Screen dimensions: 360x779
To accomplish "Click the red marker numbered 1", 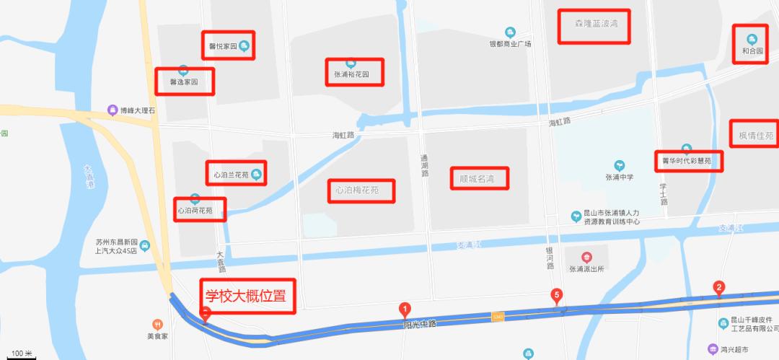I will [x=405, y=309].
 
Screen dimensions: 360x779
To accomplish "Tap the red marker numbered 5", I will [x=556, y=294].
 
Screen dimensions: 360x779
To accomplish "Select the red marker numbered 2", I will [x=718, y=287].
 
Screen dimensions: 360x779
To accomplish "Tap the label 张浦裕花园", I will [x=351, y=74].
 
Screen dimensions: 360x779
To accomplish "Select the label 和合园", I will [x=752, y=51].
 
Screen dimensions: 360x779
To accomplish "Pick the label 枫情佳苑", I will [x=756, y=136].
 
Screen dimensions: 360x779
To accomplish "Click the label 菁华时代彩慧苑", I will [x=687, y=161].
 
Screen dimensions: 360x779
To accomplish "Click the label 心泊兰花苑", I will [x=231, y=175].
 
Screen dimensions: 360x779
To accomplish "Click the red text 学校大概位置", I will [x=246, y=296].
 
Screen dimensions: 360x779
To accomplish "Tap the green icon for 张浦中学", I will [x=618, y=165].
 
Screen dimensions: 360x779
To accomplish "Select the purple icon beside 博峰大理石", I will [x=112, y=110].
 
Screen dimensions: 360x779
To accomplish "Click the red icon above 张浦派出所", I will [x=586, y=257].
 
